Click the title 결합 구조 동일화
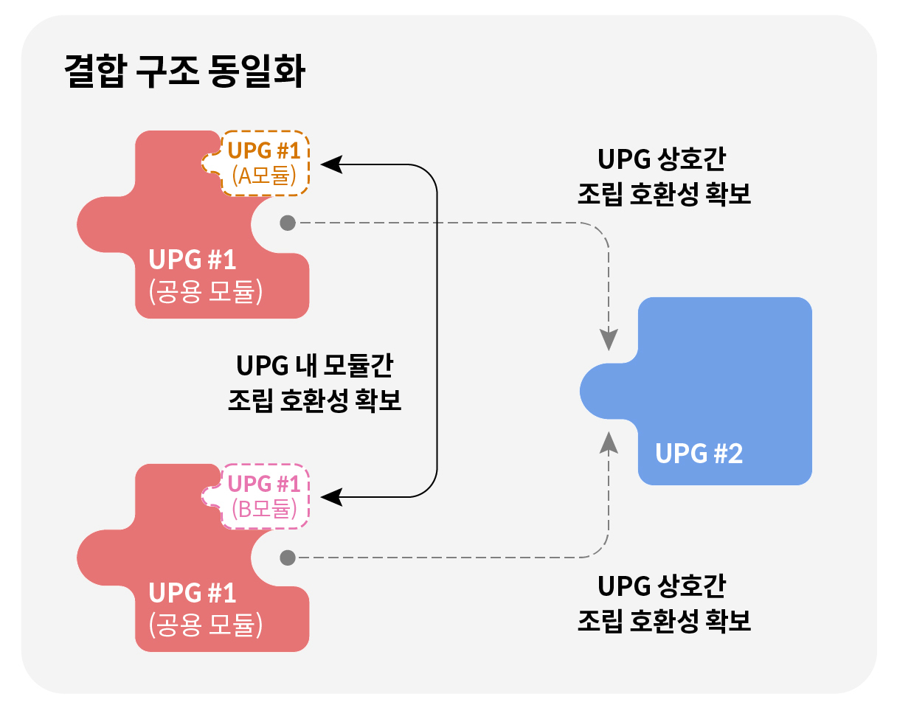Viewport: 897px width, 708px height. [184, 73]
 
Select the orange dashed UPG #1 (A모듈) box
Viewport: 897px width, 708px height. [265, 163]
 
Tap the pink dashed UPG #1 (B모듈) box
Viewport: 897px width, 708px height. [265, 496]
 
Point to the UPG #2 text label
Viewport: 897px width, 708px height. [699, 453]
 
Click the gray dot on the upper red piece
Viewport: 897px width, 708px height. [288, 223]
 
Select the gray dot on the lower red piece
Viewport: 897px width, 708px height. [288, 558]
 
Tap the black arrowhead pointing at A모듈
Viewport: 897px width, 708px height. [330, 164]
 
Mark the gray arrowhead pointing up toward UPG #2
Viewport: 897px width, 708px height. [609, 441]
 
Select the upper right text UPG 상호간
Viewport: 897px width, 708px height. [662, 159]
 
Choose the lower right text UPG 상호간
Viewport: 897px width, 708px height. [662, 586]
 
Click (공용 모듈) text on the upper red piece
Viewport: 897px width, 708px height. [206, 292]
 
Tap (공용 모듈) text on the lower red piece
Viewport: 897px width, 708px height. [206, 625]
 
